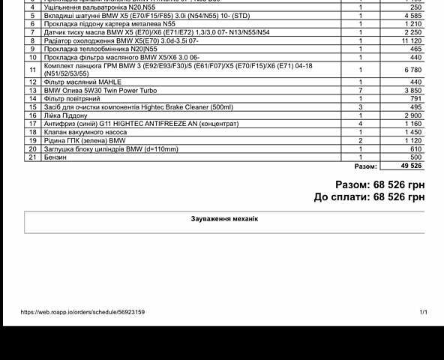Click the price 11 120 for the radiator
(x=412, y=40)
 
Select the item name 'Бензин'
(x=55, y=157)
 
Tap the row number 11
(x=33, y=70)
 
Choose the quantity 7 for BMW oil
(x=360, y=90)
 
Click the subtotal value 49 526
(x=412, y=166)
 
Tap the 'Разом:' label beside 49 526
(x=365, y=166)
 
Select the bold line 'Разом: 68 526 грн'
(x=380, y=184)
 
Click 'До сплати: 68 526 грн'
(x=370, y=197)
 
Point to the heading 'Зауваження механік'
(x=224, y=219)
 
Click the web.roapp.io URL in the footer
(x=82, y=312)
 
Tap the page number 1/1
(x=424, y=312)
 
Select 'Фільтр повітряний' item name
(x=73, y=98)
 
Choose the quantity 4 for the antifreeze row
(x=360, y=124)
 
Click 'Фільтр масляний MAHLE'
(x=82, y=82)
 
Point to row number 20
(x=33, y=149)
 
